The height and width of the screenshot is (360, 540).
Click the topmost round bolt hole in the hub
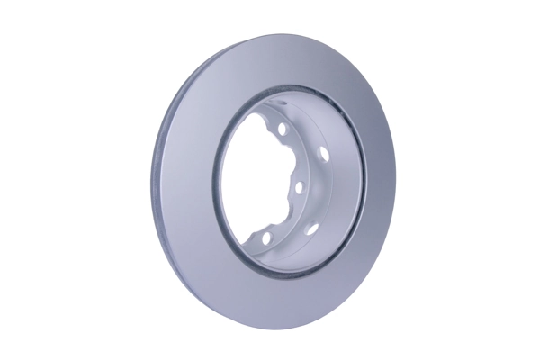283,130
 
